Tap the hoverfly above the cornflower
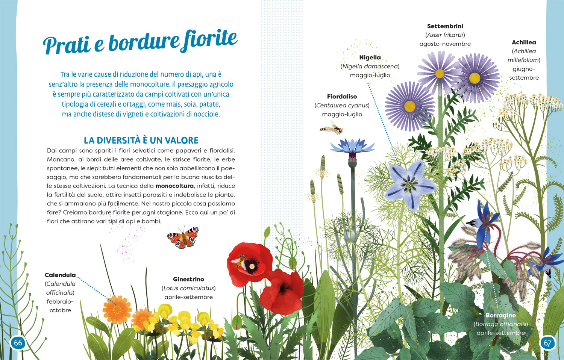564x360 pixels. [332, 129]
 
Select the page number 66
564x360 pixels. [18, 342]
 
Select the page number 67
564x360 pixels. [547, 342]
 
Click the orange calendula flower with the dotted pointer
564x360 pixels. [117, 309]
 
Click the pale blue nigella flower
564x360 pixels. [409, 184]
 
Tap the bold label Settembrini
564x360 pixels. [445, 26]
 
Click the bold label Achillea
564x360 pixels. [524, 42]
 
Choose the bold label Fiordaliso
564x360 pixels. [342, 97]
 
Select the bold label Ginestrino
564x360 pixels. [188, 279]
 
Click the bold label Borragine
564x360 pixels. [500, 315]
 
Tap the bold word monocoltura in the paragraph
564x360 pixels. [174, 186]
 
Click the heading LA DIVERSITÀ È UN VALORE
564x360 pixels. [141, 140]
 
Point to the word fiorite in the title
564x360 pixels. [209, 40]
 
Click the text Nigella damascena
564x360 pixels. [370, 67]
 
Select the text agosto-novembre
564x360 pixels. [445, 44]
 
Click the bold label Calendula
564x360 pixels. [60, 275]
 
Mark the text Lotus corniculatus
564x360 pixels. [188, 288]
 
